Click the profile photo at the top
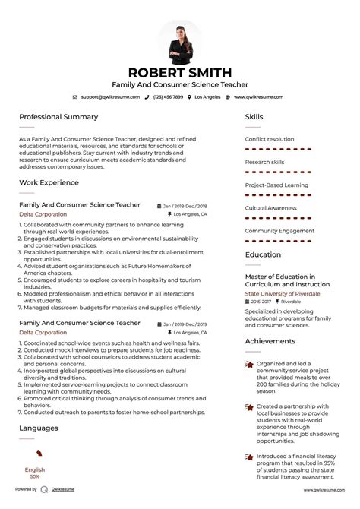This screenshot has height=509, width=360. pyautogui.click(x=180, y=41)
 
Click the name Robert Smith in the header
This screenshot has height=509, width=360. pyautogui.click(x=180, y=73)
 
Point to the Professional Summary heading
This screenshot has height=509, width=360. pyautogui.click(x=58, y=117)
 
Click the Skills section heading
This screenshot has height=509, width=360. pyautogui.click(x=254, y=117)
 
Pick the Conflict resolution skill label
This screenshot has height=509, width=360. pyautogui.click(x=270, y=139)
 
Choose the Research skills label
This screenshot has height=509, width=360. pyautogui.click(x=265, y=162)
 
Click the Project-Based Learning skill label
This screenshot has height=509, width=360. pyautogui.click(x=276, y=185)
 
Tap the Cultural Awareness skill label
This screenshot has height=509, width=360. pyautogui.click(x=270, y=207)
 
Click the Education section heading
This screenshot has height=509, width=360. pyautogui.click(x=263, y=255)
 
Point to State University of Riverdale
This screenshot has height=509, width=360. pyautogui.click(x=283, y=293)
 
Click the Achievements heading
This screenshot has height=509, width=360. pyautogui.click(x=270, y=341)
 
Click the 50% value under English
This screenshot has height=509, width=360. pyautogui.click(x=34, y=476)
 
